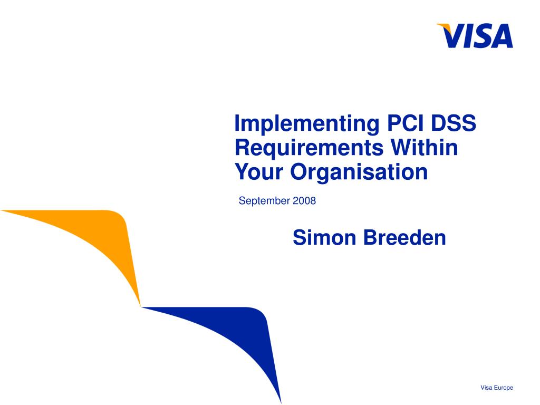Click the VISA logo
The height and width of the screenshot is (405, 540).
tap(475, 36)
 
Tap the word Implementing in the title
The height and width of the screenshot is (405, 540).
tap(307, 124)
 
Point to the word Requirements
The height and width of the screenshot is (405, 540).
tap(309, 148)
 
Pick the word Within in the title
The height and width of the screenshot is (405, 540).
tap(425, 147)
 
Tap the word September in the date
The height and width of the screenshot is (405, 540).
tap(264, 201)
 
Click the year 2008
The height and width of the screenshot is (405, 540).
tap(304, 201)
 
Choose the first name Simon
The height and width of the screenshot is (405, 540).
tap(324, 238)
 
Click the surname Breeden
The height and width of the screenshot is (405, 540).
tap(404, 238)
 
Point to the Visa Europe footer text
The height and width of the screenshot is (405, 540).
tap(497, 388)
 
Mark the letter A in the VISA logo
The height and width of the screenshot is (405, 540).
tap(501, 36)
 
